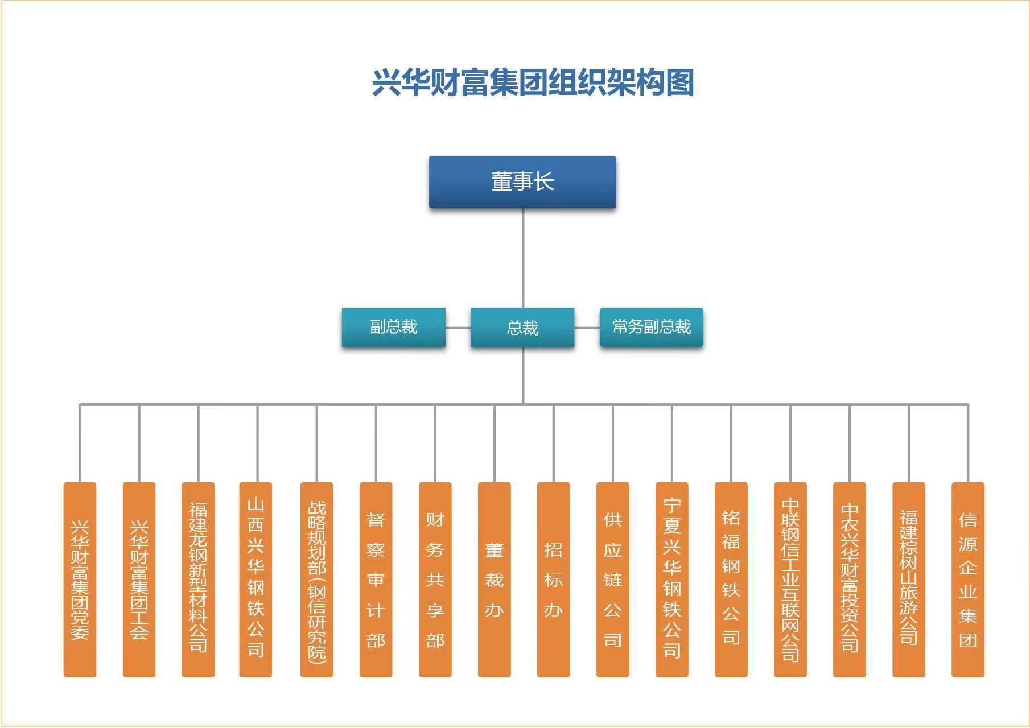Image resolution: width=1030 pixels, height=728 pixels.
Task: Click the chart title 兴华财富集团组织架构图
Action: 533,83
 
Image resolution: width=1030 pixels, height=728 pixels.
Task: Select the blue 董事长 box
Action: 522,182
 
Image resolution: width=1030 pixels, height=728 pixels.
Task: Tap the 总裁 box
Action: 522,328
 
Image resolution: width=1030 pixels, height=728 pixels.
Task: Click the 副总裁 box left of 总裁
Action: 393,327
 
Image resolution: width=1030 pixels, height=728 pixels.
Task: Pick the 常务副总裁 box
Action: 651,327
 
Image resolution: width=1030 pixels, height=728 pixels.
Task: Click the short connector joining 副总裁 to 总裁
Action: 458,328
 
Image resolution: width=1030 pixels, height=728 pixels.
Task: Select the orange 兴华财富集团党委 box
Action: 80,579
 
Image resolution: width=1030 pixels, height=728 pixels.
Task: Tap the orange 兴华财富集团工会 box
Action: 139,579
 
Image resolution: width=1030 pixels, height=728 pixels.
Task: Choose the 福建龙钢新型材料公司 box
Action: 198,579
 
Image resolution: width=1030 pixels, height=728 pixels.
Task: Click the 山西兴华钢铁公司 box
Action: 256,579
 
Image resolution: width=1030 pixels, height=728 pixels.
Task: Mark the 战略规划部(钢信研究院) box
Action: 316,579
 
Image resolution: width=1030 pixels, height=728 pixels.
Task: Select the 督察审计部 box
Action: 376,579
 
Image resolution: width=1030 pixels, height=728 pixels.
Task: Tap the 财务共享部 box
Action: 435,579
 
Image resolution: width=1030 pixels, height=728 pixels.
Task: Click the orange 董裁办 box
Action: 494,579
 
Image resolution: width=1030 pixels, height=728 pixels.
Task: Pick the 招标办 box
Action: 553,579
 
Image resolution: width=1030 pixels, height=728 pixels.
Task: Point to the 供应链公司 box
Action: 612,579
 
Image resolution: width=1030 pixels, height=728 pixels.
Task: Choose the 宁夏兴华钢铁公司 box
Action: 671,579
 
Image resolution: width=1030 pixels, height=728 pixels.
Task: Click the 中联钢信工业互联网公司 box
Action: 790,579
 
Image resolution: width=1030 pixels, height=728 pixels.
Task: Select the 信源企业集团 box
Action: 967,579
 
